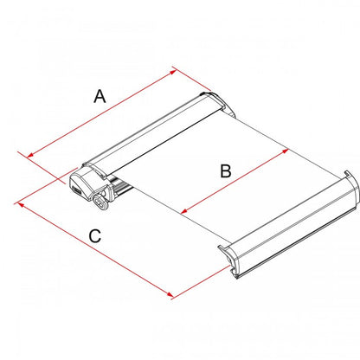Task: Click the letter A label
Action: [x=100, y=98]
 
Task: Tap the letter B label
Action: [x=226, y=171]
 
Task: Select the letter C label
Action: [x=94, y=235]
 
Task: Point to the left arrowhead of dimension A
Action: [x=31, y=156]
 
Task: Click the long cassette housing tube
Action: [x=151, y=134]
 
